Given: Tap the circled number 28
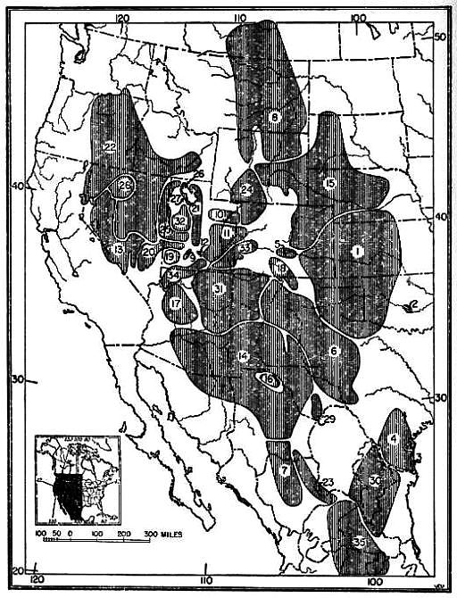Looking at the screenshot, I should point(125,185).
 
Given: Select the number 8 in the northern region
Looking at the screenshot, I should point(274,116).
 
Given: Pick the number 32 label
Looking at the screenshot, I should point(179,220).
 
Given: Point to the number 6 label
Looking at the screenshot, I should point(333,351).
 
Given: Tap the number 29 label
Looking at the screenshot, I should point(328,419).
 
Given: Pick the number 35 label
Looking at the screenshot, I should point(359,541).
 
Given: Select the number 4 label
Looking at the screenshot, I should point(392,437).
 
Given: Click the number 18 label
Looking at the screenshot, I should point(281,269).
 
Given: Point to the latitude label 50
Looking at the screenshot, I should point(439,37).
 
